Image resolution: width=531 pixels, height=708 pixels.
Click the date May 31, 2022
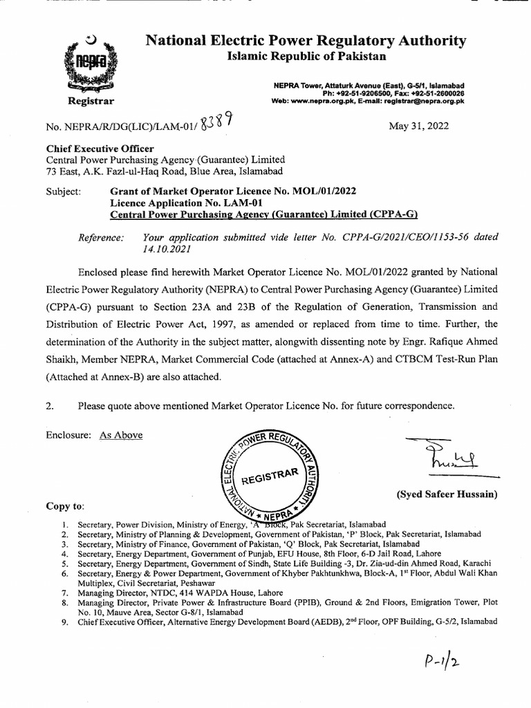pos(420,126)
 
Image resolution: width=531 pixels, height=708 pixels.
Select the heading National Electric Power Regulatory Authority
pos(306,41)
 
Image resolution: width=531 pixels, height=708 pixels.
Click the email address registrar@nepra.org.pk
pos(424,101)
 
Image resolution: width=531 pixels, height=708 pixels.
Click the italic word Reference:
pos(102,237)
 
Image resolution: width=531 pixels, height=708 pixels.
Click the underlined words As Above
pos(121,435)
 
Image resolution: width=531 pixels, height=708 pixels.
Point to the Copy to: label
pos(65,506)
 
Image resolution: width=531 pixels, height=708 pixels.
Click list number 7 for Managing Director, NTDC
pos(64,593)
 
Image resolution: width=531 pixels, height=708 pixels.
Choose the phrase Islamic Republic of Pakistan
pos(307,57)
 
